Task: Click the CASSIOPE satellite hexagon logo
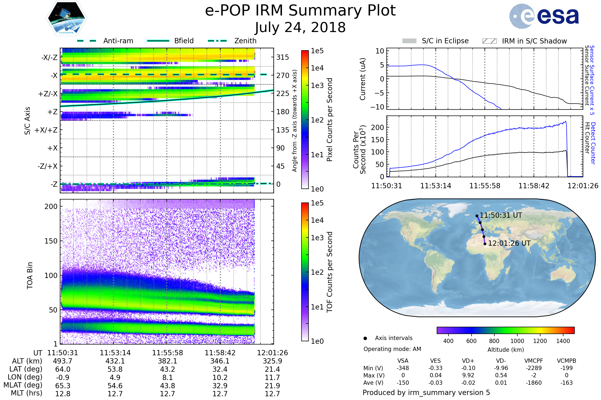click(66, 18)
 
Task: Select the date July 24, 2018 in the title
click(300, 27)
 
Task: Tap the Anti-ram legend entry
click(118, 41)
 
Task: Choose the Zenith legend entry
click(245, 41)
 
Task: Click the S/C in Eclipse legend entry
click(445, 41)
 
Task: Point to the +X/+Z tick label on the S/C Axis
click(46, 130)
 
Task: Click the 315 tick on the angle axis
click(282, 57)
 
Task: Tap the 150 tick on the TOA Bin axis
click(51, 241)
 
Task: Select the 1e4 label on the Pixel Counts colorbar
click(317, 68)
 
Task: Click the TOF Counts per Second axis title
click(330, 272)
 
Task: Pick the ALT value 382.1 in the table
click(168, 361)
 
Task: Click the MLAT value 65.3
click(63, 385)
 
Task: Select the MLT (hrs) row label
click(26, 393)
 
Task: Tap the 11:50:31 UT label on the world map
click(501, 215)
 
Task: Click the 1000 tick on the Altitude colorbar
click(517, 341)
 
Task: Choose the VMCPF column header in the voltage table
click(534, 361)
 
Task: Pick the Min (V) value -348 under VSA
click(403, 368)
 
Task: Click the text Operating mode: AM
click(392, 349)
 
